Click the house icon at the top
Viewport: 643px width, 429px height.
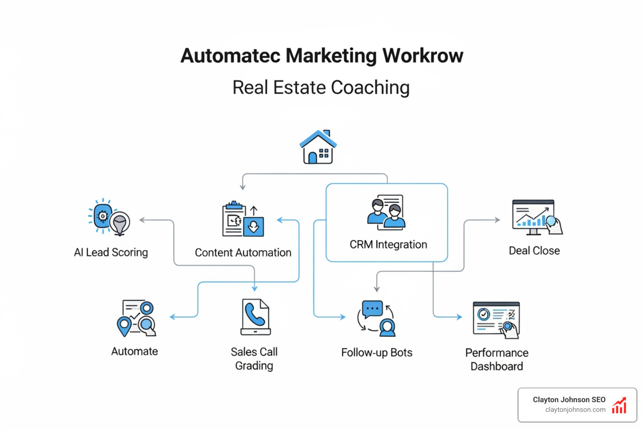318,147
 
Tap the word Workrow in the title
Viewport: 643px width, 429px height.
423,56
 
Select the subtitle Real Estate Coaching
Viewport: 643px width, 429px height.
321,88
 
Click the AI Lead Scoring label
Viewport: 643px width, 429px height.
111,252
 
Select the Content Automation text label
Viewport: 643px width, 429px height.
243,253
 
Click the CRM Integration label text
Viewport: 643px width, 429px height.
388,244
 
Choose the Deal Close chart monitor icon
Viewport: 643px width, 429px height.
537,217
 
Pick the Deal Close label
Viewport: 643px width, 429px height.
534,251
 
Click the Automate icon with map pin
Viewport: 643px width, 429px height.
136,318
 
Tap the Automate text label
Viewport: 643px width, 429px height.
134,351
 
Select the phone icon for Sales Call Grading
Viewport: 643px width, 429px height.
255,317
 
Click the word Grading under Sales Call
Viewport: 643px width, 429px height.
254,366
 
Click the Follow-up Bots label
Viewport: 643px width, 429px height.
377,353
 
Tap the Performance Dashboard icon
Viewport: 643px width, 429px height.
496,320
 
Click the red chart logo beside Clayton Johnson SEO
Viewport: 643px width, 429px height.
619,405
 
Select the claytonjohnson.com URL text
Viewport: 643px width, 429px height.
575,410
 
